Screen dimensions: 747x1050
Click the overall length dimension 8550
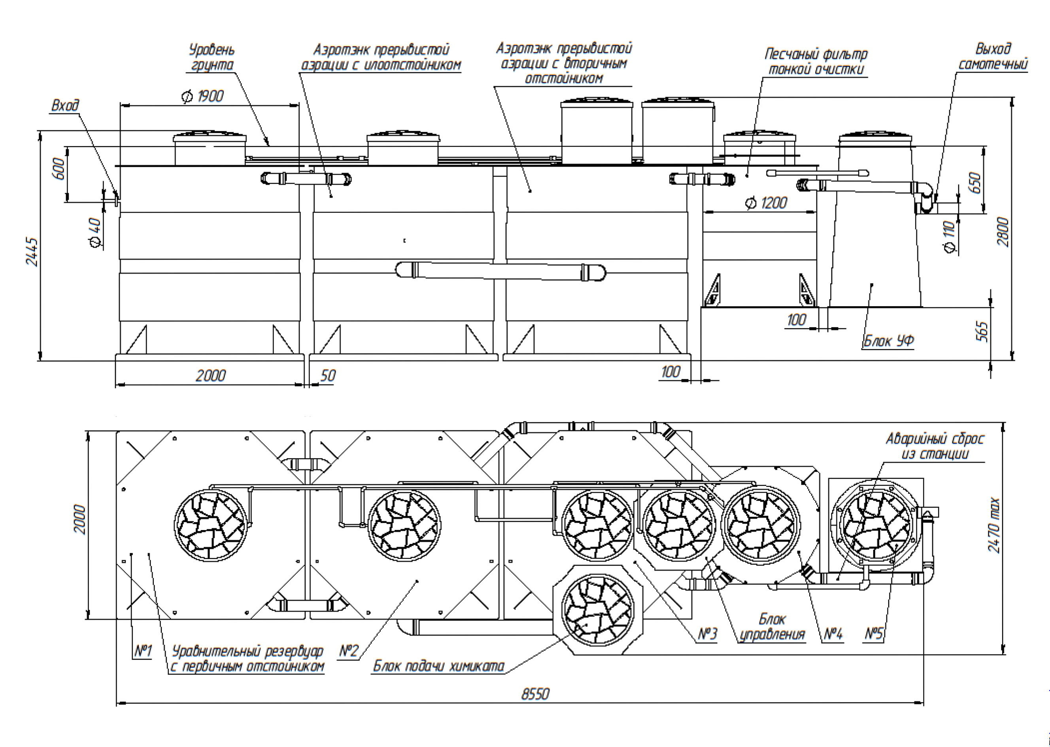pos(535,693)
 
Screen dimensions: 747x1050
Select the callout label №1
pos(143,651)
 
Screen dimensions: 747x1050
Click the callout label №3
pos(708,634)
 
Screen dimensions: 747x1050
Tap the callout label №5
pos(874,634)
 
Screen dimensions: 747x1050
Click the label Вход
pos(65,106)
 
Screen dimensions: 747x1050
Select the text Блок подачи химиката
pos(438,666)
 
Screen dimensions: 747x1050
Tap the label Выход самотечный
pos(993,56)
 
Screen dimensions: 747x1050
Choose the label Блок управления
pos(772,627)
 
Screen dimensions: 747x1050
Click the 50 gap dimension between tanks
pos(327,376)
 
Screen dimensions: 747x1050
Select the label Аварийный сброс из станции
pos(935,446)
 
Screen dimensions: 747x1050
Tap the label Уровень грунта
pos(212,57)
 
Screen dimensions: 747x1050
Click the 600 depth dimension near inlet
pos(59,169)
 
